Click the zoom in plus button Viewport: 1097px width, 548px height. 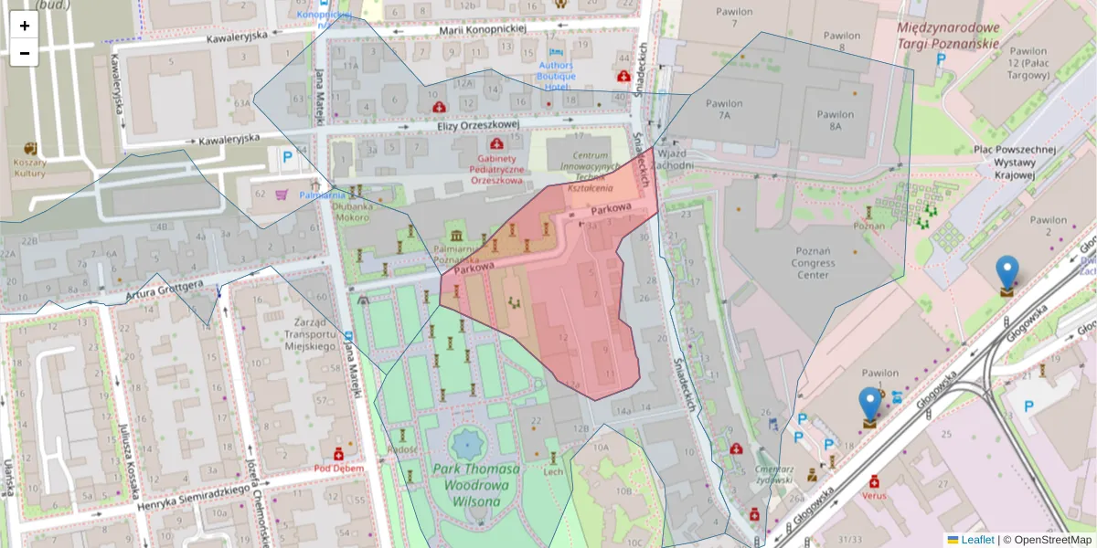coord(25,26)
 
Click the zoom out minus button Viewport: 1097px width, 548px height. coord(25,53)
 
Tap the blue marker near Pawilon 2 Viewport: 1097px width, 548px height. coord(1006,273)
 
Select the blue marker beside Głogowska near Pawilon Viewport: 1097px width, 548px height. coord(869,405)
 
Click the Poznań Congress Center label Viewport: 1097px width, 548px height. coord(814,263)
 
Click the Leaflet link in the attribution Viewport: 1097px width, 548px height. coord(977,540)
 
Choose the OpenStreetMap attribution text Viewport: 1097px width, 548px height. coord(1046,540)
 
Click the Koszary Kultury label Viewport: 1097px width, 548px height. coord(30,166)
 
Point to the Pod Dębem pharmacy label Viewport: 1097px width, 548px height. coord(338,468)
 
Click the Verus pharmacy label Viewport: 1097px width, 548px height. coord(874,495)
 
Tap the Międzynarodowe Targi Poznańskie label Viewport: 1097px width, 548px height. coord(948,36)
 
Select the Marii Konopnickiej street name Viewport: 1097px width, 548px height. coord(484,29)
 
